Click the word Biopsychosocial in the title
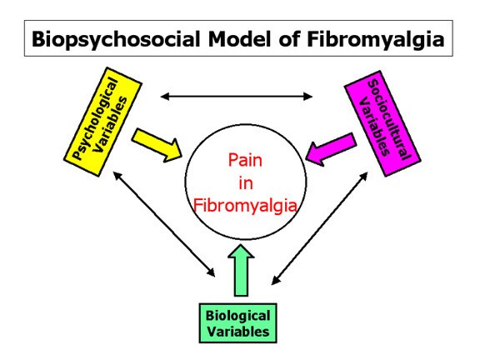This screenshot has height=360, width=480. point(116,40)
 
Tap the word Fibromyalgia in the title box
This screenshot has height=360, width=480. point(375,40)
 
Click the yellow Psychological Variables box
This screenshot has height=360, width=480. point(102,122)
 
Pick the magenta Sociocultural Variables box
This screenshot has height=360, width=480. point(382,123)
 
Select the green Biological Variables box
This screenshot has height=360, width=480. point(237,323)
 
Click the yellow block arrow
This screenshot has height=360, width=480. point(157,145)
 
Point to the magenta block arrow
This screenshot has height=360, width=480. point(331,149)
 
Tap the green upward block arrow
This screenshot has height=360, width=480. point(241,270)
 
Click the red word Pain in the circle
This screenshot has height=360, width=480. point(245,160)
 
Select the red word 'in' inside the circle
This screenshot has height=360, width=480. point(246,183)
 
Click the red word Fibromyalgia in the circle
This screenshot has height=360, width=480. point(245,205)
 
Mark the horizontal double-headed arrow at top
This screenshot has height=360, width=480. point(237,97)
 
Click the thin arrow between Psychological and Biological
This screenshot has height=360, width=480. point(164,224)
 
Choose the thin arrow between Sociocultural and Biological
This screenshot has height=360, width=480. point(320,228)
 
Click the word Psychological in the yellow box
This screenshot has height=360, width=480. point(95,119)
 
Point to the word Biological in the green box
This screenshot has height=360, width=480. point(237,316)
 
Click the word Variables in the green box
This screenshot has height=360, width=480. point(238,332)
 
